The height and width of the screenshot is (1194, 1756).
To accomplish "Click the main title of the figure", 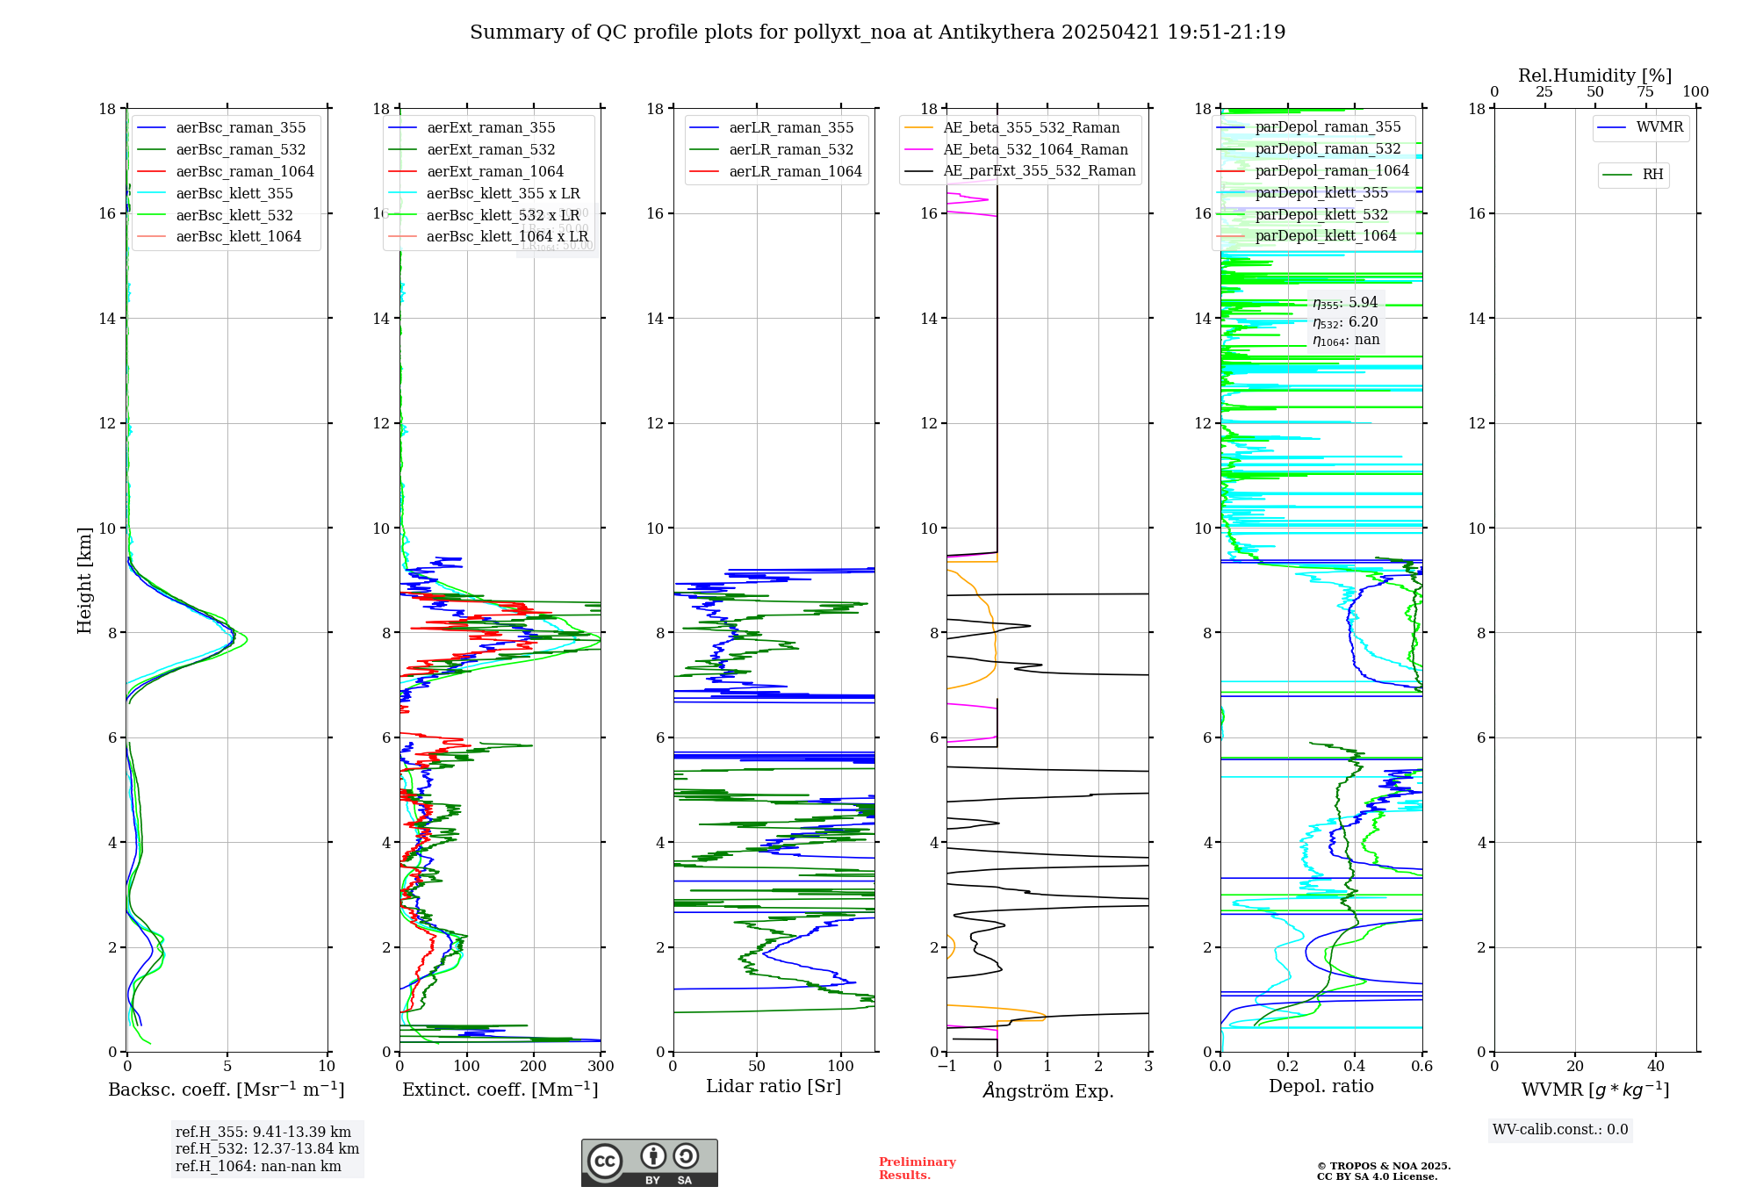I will (x=877, y=32).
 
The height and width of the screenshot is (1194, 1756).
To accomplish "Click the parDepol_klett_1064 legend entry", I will (x=1325, y=236).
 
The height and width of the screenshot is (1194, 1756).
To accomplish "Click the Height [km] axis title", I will (x=84, y=580).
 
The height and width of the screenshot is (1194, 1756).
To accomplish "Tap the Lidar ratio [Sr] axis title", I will (x=773, y=1087).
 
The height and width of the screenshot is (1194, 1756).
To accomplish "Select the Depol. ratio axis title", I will (x=1321, y=1087).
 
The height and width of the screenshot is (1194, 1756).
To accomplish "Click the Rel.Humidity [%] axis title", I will (x=1594, y=76).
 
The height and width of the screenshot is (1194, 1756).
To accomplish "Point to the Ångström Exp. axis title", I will (x=1047, y=1091).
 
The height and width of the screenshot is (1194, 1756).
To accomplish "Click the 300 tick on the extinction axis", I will (x=601, y=1067).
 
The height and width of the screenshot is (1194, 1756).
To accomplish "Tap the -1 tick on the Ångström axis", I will (x=946, y=1067).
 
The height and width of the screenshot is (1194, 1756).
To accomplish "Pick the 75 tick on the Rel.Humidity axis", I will (x=1644, y=92).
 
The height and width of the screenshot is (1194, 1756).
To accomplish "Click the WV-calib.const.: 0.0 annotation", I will (x=1560, y=1130).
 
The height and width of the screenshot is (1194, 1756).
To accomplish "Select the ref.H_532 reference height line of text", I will (x=267, y=1148).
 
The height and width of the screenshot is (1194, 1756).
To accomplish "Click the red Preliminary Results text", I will (x=917, y=1169).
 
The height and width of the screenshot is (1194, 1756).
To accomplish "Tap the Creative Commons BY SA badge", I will (x=649, y=1163).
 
